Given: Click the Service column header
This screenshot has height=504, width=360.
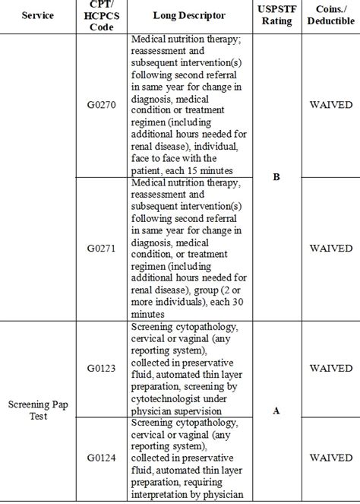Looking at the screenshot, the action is pos(37,15).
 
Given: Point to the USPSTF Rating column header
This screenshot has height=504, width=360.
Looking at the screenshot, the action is pos(276,15).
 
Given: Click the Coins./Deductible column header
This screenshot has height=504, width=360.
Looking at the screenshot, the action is pos(330,15).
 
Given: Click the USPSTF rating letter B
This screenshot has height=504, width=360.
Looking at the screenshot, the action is pos(276,177).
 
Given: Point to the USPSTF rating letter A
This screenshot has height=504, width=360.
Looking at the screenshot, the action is pos(276,410).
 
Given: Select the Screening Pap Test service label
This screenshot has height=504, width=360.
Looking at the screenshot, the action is pos(37,410).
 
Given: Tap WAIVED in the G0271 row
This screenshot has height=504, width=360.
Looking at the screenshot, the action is pos(330,249).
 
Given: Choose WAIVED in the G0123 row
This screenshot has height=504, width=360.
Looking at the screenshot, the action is pos(330,369).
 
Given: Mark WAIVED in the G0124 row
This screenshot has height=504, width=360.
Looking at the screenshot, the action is pos(330,458).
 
